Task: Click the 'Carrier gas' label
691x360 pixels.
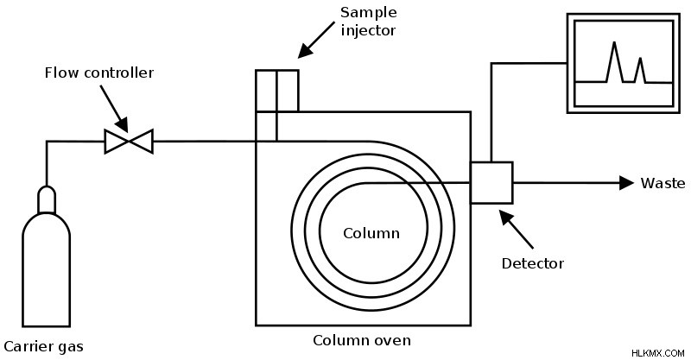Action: (43, 346)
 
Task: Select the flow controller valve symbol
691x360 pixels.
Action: (129, 142)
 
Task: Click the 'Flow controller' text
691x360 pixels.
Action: (99, 73)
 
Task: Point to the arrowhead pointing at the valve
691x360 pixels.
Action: (121, 124)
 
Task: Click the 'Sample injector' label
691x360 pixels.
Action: (369, 21)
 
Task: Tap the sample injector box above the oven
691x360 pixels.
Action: (277, 91)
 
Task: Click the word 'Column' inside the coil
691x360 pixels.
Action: (371, 233)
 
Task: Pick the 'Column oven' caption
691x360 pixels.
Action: (362, 340)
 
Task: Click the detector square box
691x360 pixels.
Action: (491, 183)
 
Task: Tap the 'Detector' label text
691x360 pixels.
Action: (533, 263)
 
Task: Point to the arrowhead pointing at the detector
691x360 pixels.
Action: (506, 218)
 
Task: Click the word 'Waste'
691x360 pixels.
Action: (662, 183)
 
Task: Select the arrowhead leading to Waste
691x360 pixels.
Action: (627, 183)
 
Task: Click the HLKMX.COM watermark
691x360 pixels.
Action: (657, 353)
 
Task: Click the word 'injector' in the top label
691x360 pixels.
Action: (369, 30)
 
